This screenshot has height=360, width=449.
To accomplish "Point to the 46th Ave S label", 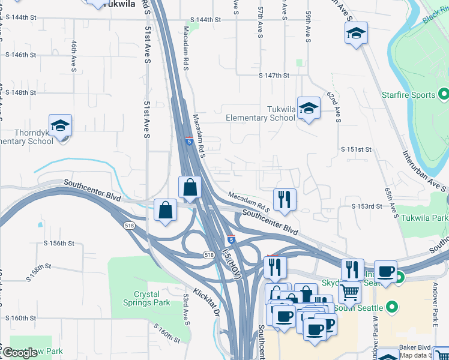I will click(x=74, y=53).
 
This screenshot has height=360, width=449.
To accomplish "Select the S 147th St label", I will click(x=274, y=76).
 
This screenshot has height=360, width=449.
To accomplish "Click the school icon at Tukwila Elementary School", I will click(x=309, y=108).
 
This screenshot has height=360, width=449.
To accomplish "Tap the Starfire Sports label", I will click(x=408, y=95).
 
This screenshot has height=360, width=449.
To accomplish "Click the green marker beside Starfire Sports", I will click(x=444, y=94).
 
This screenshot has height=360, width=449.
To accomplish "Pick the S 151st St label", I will click(x=357, y=149).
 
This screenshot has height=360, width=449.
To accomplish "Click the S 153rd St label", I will click(x=367, y=206).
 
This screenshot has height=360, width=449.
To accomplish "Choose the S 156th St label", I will click(x=59, y=244).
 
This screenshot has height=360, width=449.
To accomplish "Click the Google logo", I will click(x=20, y=353).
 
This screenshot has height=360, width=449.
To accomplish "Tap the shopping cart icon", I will click(x=349, y=293).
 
